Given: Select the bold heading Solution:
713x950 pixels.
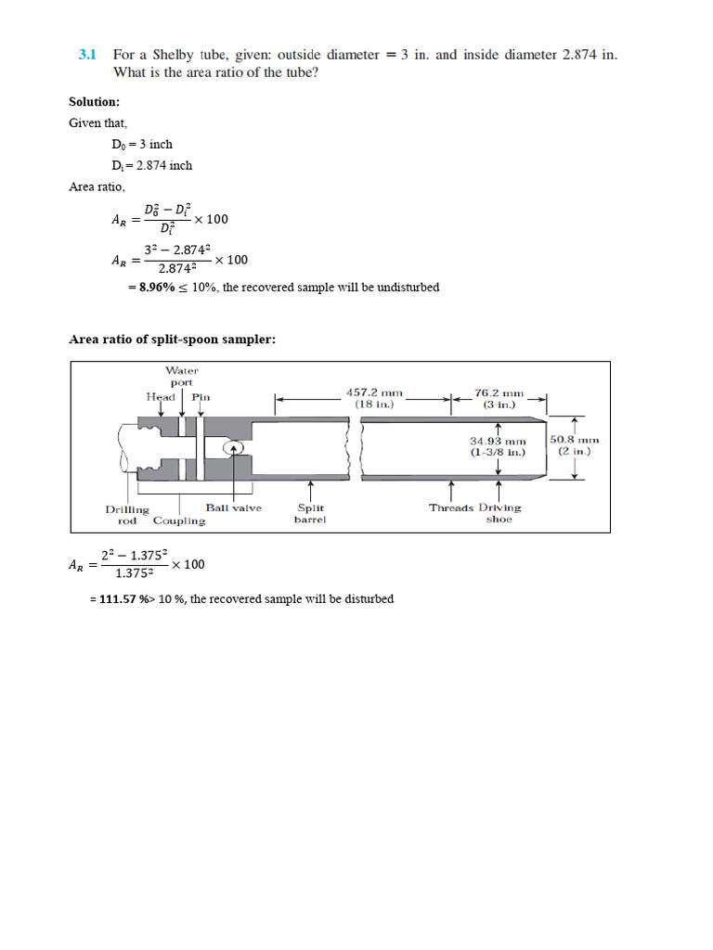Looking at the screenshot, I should tap(94, 101).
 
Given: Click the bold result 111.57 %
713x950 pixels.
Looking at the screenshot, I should tap(124, 599).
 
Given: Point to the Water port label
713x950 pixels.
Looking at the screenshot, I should tap(182, 377).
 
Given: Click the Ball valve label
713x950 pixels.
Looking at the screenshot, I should tap(233, 507).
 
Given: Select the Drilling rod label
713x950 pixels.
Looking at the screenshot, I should tap(127, 515).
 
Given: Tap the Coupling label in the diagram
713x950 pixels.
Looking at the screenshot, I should tap(178, 520).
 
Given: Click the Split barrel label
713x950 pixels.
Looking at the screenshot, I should tap(309, 513).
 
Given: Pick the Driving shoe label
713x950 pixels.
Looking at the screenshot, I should tap(499, 513).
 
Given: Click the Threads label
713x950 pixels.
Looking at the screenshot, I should tap(451, 507).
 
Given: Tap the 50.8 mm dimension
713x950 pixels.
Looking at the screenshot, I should tap(575, 445).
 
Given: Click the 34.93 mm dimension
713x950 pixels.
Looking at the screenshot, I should tap(498, 446).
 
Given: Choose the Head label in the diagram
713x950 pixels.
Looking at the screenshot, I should tap(160, 396).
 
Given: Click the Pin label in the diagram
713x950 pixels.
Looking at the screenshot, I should tap(201, 396).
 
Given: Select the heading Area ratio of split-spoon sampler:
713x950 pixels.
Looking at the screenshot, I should tap(172, 340).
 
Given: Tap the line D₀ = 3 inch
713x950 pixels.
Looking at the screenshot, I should tap(141, 144).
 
